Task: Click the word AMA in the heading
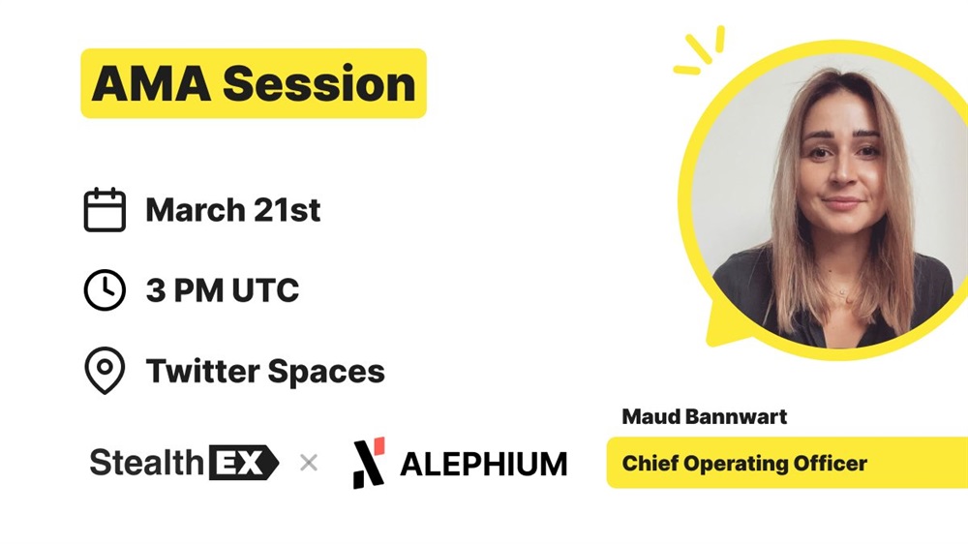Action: [151, 84]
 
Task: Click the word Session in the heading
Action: [319, 84]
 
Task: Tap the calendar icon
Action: [105, 210]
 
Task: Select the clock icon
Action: [105, 289]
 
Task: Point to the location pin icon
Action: [105, 371]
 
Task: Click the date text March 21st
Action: [232, 210]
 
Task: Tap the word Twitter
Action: [202, 371]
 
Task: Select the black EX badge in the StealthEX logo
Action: [244, 463]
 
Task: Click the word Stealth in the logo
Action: [147, 463]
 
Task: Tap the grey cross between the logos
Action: [309, 463]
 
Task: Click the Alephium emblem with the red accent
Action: [369, 463]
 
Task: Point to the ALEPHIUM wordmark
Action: [483, 465]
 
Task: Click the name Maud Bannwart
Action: [705, 417]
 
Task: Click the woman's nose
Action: [841, 173]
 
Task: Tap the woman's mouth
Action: [842, 202]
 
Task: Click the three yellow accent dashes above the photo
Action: [700, 50]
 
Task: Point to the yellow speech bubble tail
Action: [723, 324]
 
